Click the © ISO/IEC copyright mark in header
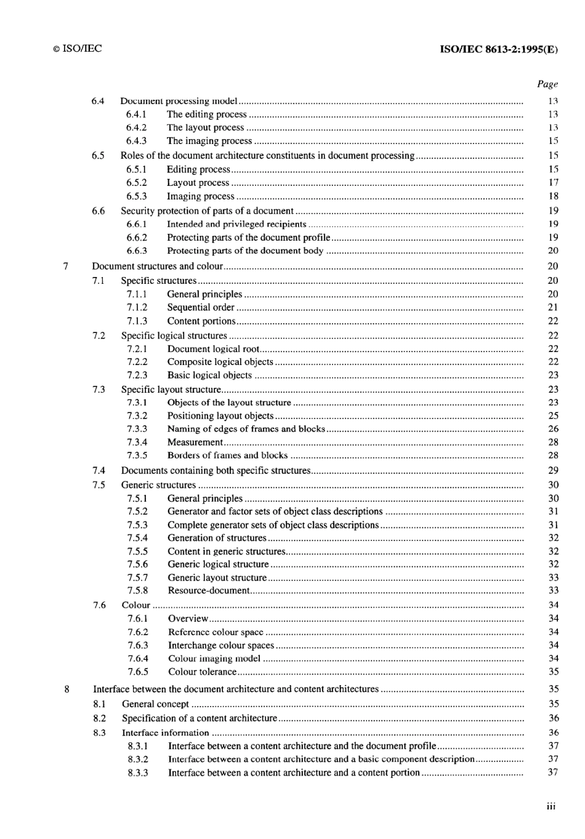(x=77, y=49)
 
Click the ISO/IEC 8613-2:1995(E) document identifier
(x=499, y=50)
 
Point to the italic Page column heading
(x=547, y=84)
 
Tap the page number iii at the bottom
(x=551, y=806)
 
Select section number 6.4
(x=98, y=101)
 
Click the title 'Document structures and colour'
(x=157, y=267)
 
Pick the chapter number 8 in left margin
(x=67, y=689)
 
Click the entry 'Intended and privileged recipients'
(x=236, y=224)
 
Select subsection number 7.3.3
(x=137, y=429)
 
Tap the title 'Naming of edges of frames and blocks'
(x=246, y=429)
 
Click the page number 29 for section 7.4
(x=553, y=470)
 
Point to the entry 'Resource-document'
(x=209, y=590)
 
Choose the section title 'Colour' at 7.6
(x=136, y=605)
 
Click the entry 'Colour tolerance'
(x=202, y=672)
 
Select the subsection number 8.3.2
(x=138, y=759)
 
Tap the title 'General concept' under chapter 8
(x=155, y=704)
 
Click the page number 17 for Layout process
(x=553, y=183)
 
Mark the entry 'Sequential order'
(x=201, y=307)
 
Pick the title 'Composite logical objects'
(x=220, y=362)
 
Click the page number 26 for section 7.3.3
(x=553, y=429)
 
